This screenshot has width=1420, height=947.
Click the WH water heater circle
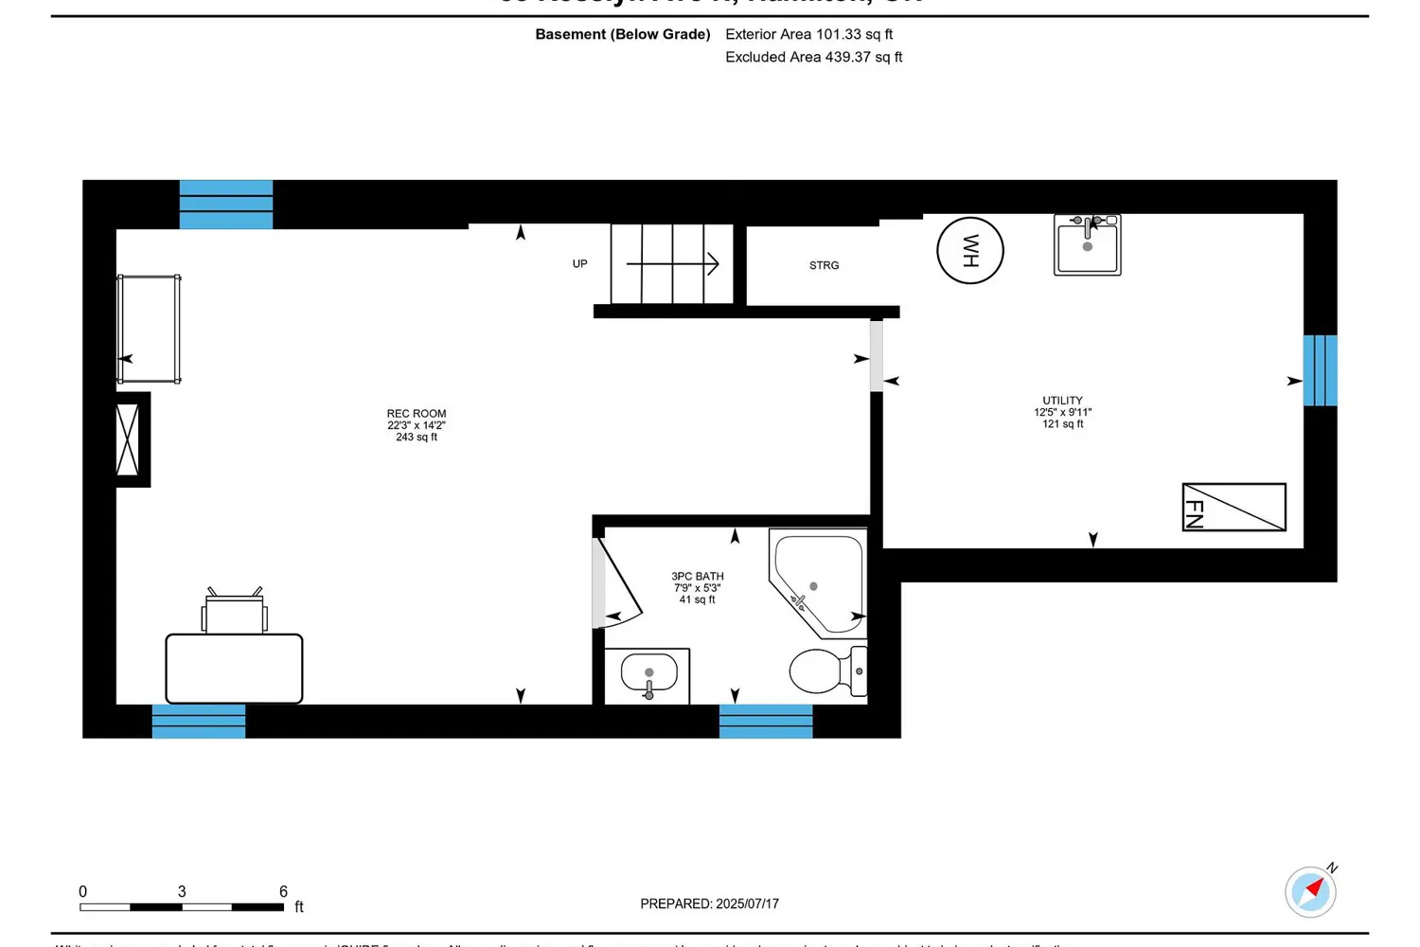pos(969,251)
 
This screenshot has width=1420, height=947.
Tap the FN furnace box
pos(1234,507)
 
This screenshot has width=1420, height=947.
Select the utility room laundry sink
pos(1087,245)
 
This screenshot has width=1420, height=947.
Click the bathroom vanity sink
pos(648,675)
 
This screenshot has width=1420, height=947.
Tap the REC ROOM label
pos(417,414)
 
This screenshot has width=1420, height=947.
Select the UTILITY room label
pos(1062,401)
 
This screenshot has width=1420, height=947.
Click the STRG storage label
pos(824,266)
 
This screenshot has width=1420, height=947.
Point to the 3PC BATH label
pos(698,576)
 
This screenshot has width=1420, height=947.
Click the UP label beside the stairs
pos(579,264)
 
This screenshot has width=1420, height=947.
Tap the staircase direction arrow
pos(672,264)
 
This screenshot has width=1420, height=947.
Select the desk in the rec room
pos(234,669)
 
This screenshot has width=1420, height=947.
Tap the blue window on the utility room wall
pos(1320,370)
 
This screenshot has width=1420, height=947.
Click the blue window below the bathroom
pos(766,722)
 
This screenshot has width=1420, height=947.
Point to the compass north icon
pos(1310,891)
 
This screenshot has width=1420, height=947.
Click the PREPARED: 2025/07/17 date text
pos(709,903)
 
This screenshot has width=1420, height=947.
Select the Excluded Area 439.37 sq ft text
pos(813,57)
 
